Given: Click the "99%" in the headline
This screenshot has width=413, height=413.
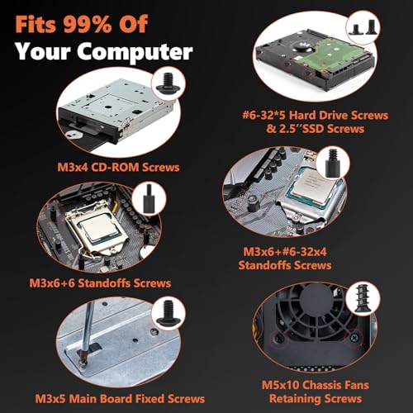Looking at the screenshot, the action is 88,24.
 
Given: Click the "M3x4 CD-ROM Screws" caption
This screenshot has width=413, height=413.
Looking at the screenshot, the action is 118,168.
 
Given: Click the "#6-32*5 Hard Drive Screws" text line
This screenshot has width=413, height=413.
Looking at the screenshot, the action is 316,115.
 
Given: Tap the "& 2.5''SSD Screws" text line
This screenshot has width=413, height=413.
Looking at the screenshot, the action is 316,129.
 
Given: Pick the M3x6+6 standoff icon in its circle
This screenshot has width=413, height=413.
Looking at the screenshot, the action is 149,198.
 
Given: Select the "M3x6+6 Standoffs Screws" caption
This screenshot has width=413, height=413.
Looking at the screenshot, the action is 100,283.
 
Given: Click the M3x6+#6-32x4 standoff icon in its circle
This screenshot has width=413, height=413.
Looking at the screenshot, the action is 332,163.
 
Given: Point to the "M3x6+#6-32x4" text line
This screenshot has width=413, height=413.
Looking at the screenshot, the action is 285,252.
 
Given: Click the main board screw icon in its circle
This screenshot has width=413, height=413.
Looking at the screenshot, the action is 168,312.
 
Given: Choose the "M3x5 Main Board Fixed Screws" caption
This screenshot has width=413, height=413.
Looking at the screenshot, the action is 120,399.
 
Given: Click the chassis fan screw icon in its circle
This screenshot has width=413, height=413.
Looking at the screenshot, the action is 363,299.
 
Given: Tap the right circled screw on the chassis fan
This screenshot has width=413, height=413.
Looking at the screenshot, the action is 354,337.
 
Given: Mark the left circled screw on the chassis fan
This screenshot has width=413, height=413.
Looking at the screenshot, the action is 279,339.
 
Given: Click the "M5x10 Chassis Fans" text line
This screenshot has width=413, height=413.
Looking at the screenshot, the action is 316,385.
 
